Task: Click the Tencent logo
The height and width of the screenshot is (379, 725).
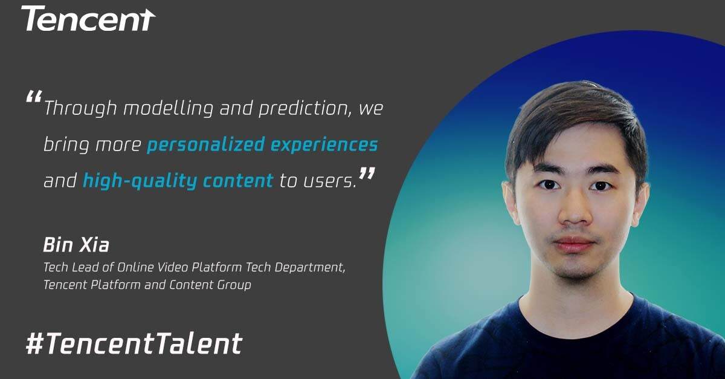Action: click(x=88, y=19)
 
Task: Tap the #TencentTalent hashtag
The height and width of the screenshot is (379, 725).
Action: click(x=134, y=343)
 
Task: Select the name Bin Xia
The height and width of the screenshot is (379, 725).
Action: click(x=76, y=245)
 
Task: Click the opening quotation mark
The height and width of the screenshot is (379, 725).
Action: click(x=34, y=97)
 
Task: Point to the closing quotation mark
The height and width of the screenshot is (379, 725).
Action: click(x=367, y=173)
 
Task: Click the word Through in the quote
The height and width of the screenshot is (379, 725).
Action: click(x=80, y=108)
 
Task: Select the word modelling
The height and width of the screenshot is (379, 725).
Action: click(x=168, y=108)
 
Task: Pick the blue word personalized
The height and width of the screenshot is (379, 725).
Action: click(x=206, y=144)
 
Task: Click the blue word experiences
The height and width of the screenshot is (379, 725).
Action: click(x=324, y=144)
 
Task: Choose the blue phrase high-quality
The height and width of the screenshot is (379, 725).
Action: click(x=140, y=181)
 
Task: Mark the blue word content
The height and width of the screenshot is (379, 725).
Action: click(x=238, y=181)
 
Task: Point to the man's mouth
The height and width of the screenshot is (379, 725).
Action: click(x=573, y=245)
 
